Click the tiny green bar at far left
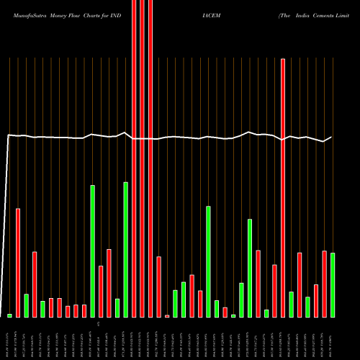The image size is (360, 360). [9, 315]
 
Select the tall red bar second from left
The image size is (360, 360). [18, 263]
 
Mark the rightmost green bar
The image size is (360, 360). [333, 284]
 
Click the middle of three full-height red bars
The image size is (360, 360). [142, 158]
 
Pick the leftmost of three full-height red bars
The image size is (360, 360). [134, 158]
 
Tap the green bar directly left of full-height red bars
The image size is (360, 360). [125, 249]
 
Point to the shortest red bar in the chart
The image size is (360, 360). [167, 316]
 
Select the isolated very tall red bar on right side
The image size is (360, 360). [283, 187]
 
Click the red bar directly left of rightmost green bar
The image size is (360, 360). [324, 284]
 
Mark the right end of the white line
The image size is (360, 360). [331, 138]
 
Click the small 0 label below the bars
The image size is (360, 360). [109, 325]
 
